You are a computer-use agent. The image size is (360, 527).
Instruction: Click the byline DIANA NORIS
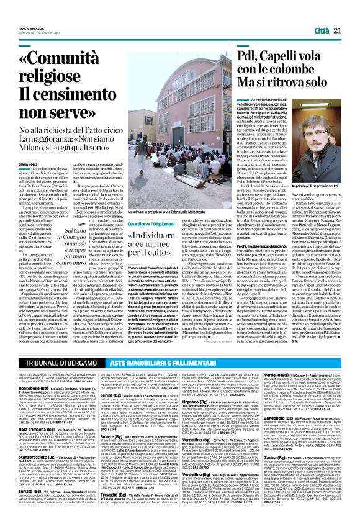point(28,164)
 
